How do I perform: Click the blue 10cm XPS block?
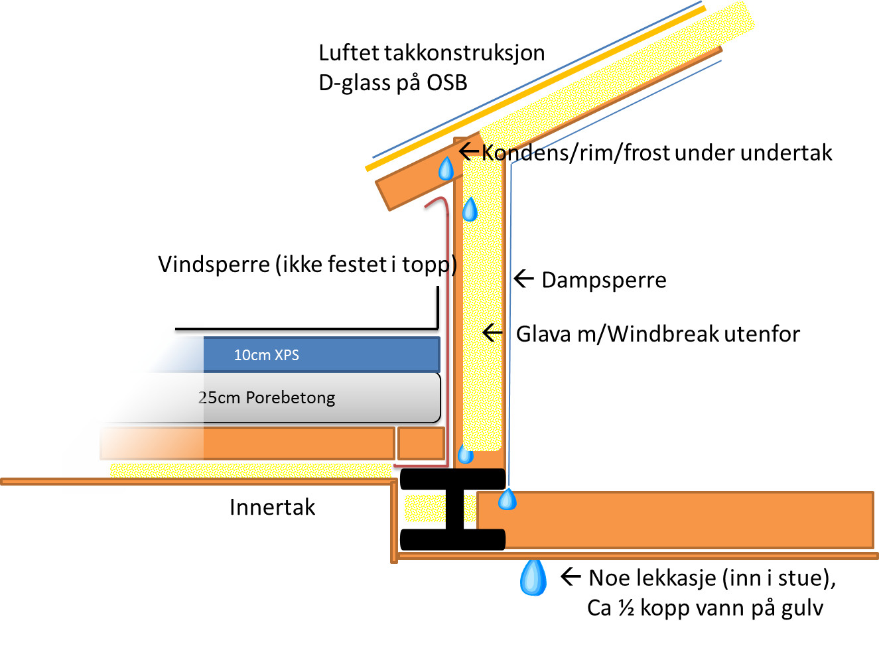321,354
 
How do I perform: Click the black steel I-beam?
454,509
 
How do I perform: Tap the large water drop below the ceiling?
533,577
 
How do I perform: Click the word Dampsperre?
604,280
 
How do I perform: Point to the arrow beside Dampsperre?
524,279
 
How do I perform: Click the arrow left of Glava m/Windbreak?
492,332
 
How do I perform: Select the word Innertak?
272,507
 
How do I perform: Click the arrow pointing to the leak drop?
571,576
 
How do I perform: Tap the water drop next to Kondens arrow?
446,169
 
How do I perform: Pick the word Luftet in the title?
349,53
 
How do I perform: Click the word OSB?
446,83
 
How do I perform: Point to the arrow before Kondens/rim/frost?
469,151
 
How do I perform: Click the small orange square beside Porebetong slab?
421,443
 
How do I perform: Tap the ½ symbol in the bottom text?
626,608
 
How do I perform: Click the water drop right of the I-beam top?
507,499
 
